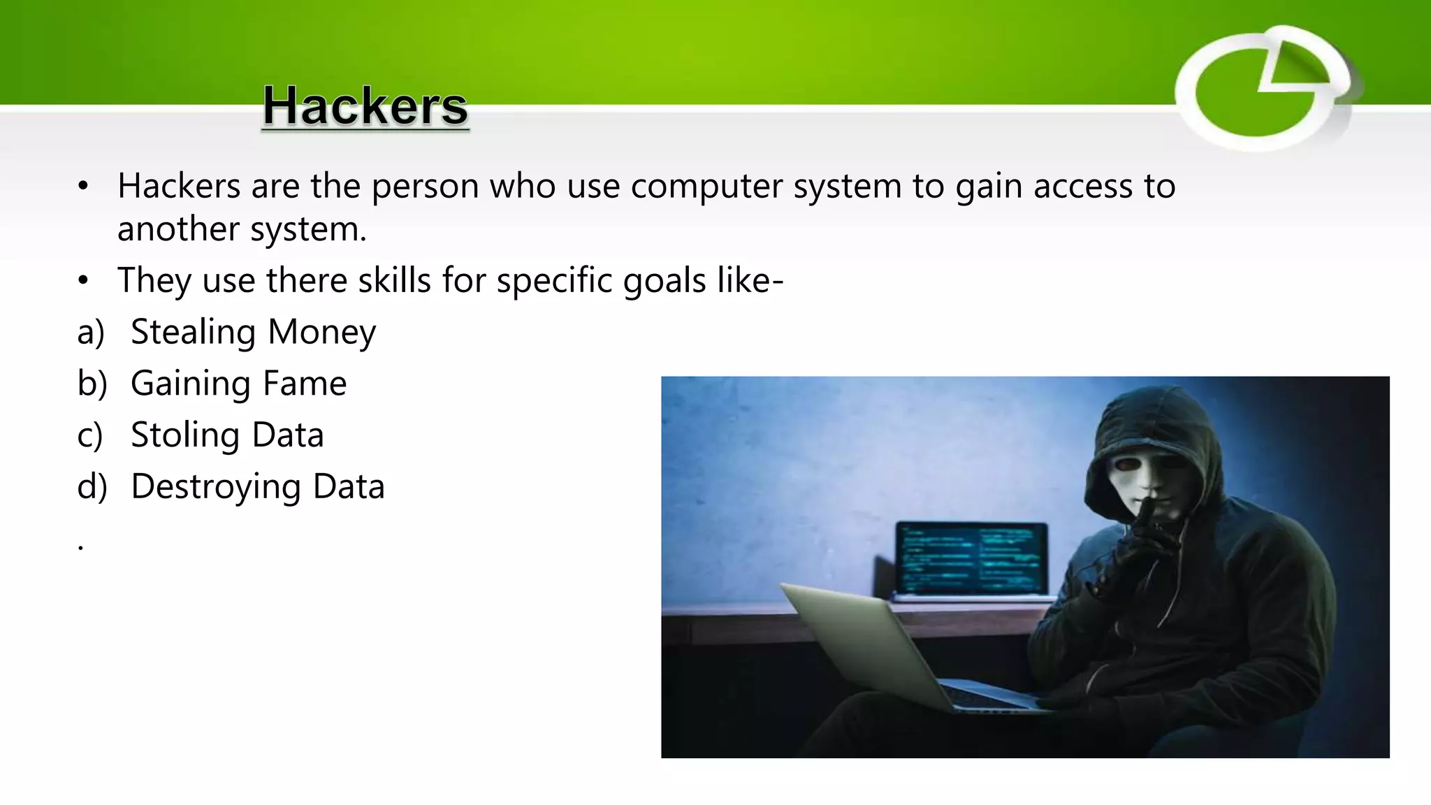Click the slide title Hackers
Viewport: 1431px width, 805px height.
click(365, 106)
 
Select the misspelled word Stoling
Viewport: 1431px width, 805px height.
click(185, 435)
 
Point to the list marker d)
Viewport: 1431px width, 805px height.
click(92, 486)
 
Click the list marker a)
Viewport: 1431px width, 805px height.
click(91, 333)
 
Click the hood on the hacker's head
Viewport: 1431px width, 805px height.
click(1153, 419)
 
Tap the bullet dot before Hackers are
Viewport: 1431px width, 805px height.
click(83, 187)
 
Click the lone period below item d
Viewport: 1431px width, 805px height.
click(81, 547)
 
